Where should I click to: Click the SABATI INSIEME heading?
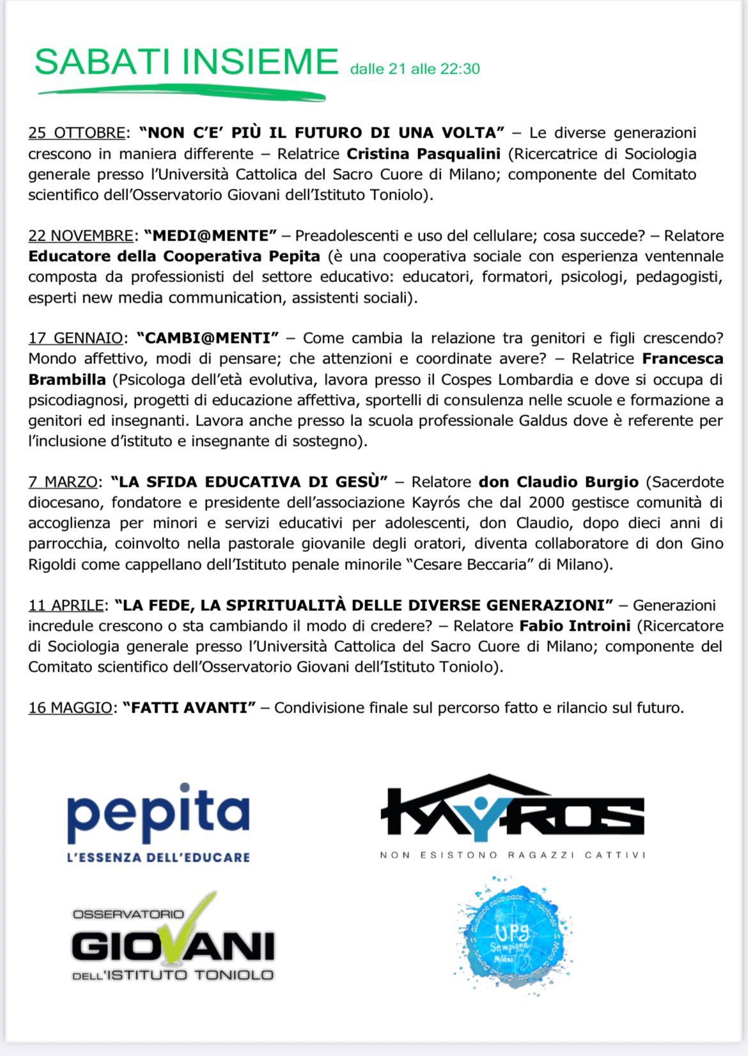[186, 62]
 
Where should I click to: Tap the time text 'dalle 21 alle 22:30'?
[415, 69]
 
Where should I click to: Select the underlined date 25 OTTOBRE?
[77, 133]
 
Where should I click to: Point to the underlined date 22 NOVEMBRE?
[81, 236]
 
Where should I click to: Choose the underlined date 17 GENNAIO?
[75, 338]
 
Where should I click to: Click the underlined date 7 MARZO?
[63, 482]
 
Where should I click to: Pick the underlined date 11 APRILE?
[66, 606]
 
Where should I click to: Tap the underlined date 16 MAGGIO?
[70, 708]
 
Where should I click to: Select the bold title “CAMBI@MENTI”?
[208, 338]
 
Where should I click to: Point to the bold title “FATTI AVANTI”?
[189, 708]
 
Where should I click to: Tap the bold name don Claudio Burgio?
[558, 482]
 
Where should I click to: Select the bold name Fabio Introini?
[575, 626]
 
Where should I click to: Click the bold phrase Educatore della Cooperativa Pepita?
[174, 256]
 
